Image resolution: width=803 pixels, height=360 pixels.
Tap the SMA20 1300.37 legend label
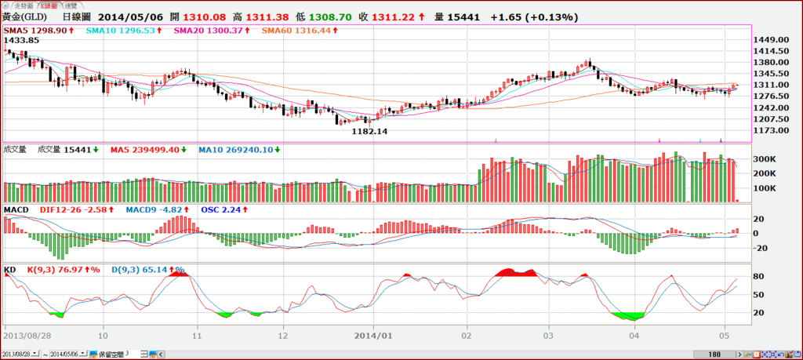tap(208, 31)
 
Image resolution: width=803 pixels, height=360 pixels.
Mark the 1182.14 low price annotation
tap(371, 133)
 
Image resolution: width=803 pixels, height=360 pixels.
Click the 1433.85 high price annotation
tap(22, 40)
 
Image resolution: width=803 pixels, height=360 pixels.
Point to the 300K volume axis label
tap(765, 158)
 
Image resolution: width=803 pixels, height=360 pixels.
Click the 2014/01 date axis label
tap(375, 333)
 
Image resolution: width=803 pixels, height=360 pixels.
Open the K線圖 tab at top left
tap(49, 5)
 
